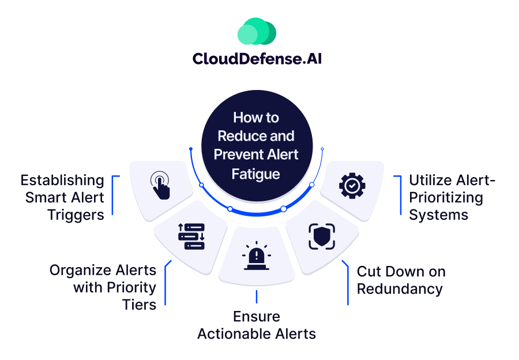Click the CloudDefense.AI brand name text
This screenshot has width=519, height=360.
(x=257, y=59)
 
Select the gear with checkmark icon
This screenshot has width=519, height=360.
(x=352, y=186)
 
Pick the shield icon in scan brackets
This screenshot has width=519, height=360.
(x=321, y=237)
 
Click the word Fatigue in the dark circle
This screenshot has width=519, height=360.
(x=255, y=173)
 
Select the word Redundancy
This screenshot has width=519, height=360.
(x=400, y=288)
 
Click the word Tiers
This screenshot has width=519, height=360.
(x=139, y=304)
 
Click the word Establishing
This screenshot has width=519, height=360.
(x=62, y=180)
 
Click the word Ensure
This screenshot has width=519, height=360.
(x=257, y=317)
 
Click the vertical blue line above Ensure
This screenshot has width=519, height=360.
(x=257, y=297)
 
